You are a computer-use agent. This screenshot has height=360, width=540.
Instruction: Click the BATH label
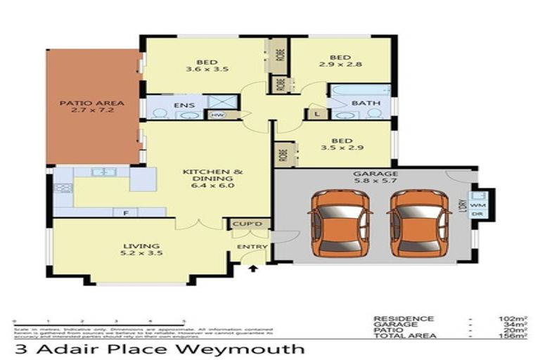[366, 103]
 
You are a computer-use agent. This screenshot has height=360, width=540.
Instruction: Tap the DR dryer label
[477, 214]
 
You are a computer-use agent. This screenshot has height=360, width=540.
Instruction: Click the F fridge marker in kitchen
[125, 211]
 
